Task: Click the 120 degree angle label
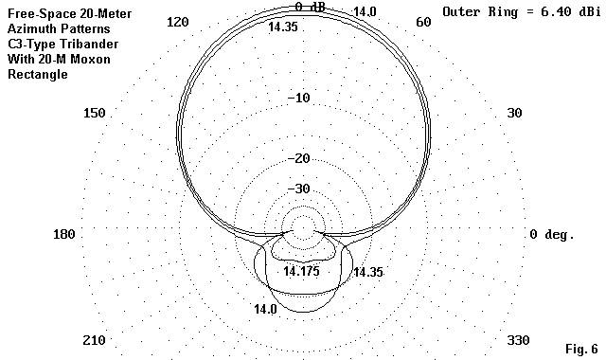click(177, 22)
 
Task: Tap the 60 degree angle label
click(423, 22)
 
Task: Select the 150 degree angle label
click(95, 113)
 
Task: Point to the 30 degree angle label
click(514, 113)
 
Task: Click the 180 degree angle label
click(64, 234)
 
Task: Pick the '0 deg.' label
click(552, 234)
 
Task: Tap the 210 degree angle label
click(94, 340)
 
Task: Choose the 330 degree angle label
click(518, 340)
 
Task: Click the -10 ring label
click(299, 98)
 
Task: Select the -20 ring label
click(299, 158)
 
